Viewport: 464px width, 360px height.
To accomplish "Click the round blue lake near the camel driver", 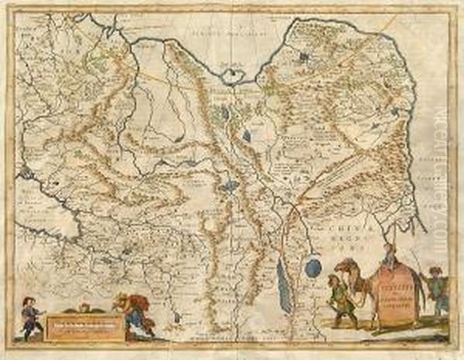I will coord(312,267).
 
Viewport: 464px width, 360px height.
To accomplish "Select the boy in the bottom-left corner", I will coord(30,316).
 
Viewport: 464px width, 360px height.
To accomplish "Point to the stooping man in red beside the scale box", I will coord(134,313).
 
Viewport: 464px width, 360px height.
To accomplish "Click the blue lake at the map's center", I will coord(229,186).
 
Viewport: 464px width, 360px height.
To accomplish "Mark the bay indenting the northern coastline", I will coord(231,75).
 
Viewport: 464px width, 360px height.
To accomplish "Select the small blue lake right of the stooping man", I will coord(179,317).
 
